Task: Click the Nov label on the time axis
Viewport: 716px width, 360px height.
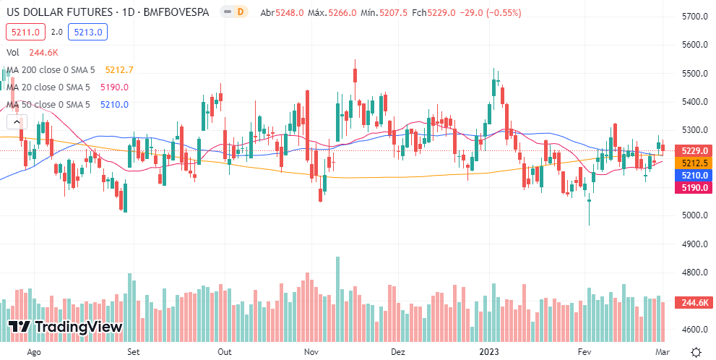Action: click(x=311, y=352)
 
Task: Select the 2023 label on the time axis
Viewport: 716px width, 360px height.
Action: click(x=492, y=352)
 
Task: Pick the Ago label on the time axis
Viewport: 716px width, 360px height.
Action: click(x=33, y=352)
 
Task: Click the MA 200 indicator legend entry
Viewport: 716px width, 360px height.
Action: click(x=51, y=70)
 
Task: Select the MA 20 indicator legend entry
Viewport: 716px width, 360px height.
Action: click(x=48, y=87)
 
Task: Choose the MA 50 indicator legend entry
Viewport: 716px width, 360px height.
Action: click(x=48, y=105)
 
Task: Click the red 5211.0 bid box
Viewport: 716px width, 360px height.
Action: click(x=26, y=32)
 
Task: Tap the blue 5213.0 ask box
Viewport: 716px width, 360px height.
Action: click(x=87, y=32)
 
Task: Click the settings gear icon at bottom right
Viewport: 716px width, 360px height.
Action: click(x=695, y=352)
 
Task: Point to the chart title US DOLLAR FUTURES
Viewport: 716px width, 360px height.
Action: click(x=59, y=12)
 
